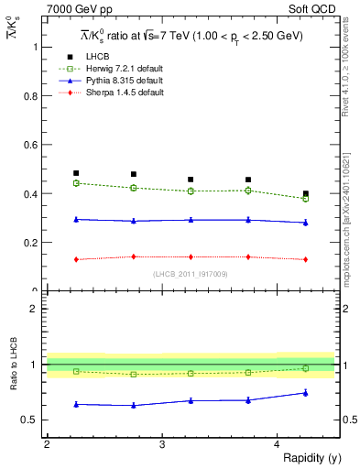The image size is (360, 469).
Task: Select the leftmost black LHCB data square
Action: click(x=76, y=173)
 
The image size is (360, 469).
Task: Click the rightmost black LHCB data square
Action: click(x=306, y=193)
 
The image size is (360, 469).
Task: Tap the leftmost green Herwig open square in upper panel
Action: click(x=76, y=183)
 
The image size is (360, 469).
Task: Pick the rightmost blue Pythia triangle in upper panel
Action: click(x=306, y=223)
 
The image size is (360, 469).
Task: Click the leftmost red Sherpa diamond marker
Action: click(x=76, y=259)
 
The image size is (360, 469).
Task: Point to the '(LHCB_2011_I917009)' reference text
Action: click(x=191, y=274)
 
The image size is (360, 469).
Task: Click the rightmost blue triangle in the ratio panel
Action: click(x=306, y=393)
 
